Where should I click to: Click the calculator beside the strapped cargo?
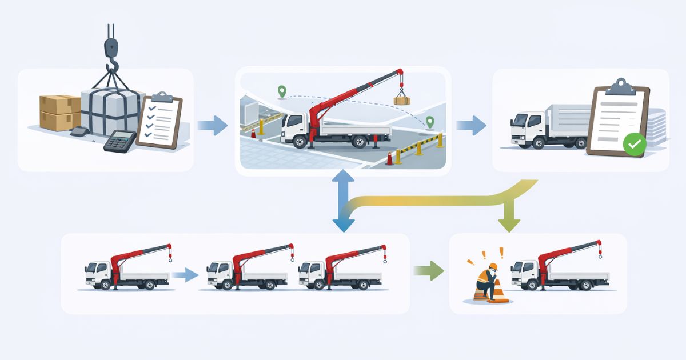(x=119, y=141)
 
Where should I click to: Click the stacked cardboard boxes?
(x=59, y=112)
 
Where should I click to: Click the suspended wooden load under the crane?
(x=402, y=100)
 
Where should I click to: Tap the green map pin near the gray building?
(x=281, y=91)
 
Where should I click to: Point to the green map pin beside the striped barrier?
(x=430, y=122)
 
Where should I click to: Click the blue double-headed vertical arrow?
(x=343, y=203)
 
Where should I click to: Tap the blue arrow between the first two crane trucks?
(x=185, y=275)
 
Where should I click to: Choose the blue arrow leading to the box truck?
(x=472, y=125)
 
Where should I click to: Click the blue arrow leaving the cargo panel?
(x=212, y=125)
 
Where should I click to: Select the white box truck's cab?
(x=527, y=129)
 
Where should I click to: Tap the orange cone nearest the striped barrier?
(x=390, y=158)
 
